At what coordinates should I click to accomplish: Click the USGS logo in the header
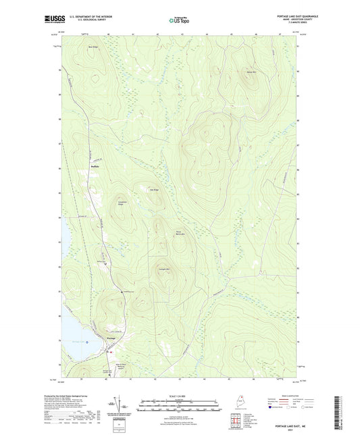click(55, 20)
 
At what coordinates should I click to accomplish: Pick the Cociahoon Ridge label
click(122, 203)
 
